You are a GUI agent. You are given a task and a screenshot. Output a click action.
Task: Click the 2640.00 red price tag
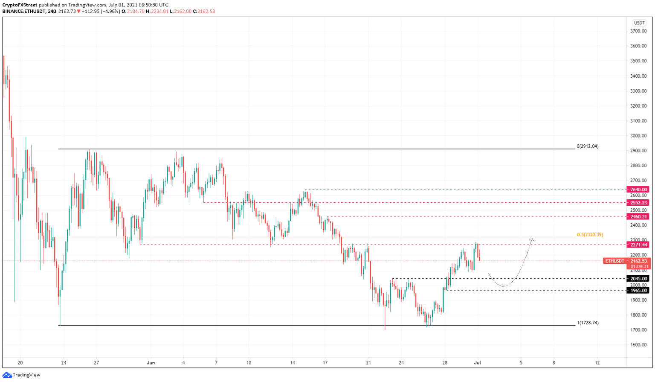(638, 190)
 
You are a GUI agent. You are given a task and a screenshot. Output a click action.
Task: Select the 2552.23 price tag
(638, 203)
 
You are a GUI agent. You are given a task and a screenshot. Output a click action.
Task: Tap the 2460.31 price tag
(638, 216)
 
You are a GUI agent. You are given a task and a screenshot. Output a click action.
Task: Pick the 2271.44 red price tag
(638, 245)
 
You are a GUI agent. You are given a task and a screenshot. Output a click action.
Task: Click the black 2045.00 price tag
(638, 279)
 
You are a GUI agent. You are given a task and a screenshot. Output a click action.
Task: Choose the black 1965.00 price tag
(638, 290)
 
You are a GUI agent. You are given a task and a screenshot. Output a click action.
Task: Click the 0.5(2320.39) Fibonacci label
(590, 235)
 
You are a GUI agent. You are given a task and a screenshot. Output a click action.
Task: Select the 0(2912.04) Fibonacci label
(587, 146)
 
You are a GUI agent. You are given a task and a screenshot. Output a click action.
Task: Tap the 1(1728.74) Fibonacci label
(588, 323)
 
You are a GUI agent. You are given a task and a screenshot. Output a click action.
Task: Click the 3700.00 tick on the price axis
(638, 31)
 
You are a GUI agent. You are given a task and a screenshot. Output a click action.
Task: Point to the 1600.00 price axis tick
(638, 345)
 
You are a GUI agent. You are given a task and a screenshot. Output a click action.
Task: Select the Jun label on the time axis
(151, 363)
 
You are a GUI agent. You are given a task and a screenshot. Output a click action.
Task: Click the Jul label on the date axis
(478, 363)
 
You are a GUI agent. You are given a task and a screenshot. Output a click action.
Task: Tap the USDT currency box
(639, 23)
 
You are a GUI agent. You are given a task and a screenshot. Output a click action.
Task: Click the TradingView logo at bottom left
(21, 375)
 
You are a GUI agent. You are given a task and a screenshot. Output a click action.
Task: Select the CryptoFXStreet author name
(20, 5)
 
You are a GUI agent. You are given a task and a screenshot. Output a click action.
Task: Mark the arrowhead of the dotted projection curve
(532, 239)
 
